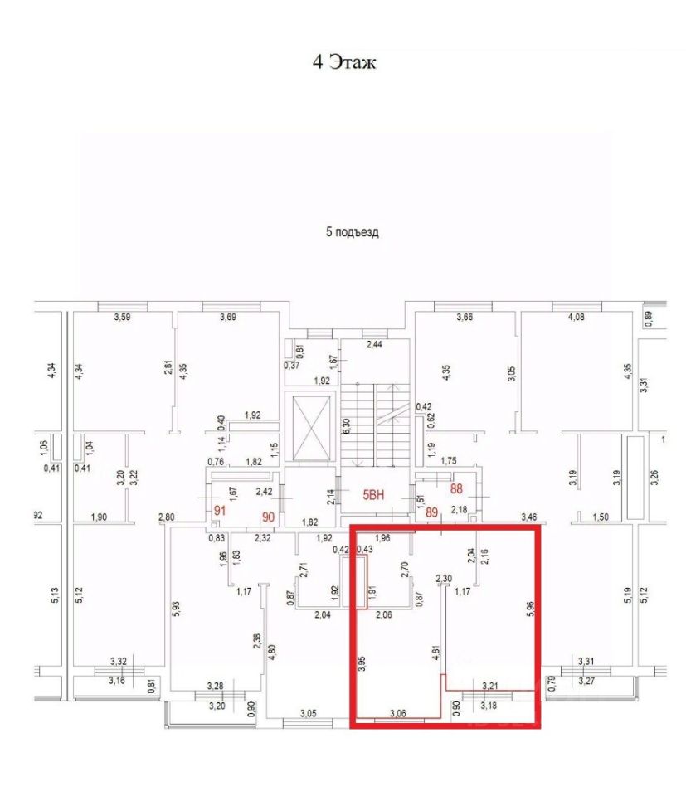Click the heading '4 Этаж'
[x=344, y=62]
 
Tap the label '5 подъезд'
[x=352, y=232]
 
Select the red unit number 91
[x=220, y=510]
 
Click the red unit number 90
[x=268, y=517]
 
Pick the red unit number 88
[x=455, y=489]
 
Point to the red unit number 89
[x=431, y=512]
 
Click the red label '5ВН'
[x=375, y=496]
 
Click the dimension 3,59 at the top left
[x=123, y=317]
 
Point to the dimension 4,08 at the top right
[x=575, y=317]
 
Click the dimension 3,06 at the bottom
[x=397, y=713]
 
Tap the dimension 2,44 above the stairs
[x=376, y=343]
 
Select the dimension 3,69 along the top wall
[x=228, y=317]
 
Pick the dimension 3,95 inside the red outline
[x=361, y=666]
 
